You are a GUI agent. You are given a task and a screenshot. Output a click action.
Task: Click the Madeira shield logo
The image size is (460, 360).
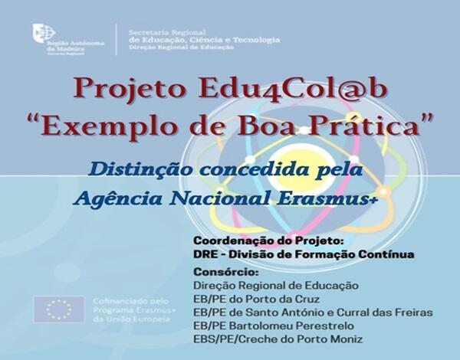click(38, 33)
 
